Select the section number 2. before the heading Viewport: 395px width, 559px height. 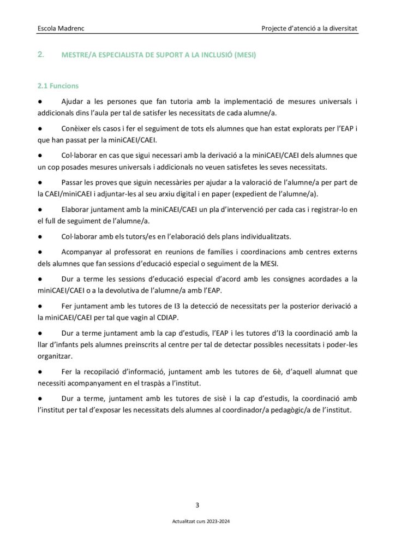(40, 55)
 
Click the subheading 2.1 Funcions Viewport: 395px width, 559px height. (57, 86)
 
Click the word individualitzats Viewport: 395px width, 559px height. (264, 236)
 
